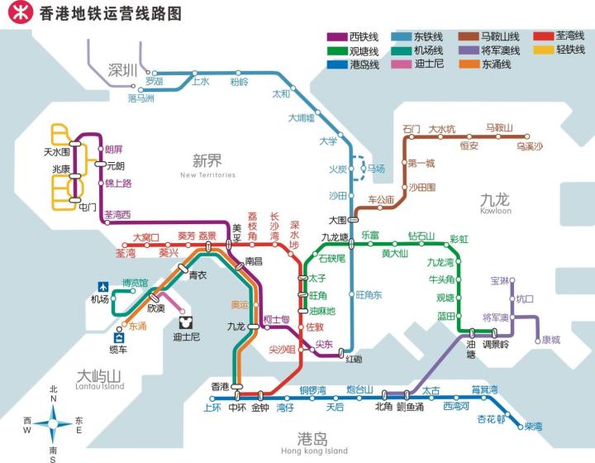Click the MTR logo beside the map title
click(x=14, y=14)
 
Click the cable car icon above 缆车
click(x=120, y=336)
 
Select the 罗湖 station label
click(x=155, y=82)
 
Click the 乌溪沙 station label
click(x=529, y=146)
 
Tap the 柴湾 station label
click(x=533, y=427)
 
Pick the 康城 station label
click(x=550, y=339)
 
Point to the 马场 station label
click(x=376, y=169)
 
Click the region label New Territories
click(x=207, y=175)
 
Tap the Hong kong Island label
click(x=314, y=451)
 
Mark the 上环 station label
click(x=212, y=407)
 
